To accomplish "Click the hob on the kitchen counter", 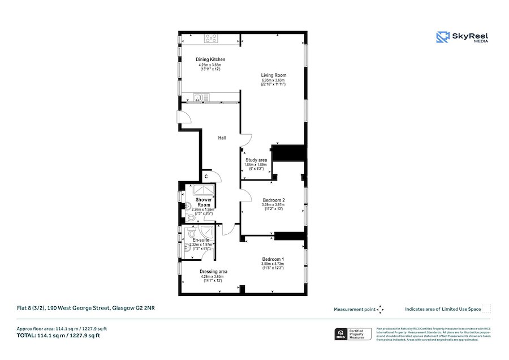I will pyautogui.click(x=212, y=38).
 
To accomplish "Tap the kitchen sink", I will pyautogui.click(x=199, y=97).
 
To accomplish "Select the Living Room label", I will pyautogui.click(x=273, y=75).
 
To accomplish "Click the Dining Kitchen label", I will pyautogui.click(x=210, y=59).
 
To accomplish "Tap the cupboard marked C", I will pyautogui.click(x=206, y=175).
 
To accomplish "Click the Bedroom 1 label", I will pyautogui.click(x=273, y=259).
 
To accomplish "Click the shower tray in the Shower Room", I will pyautogui.click(x=203, y=190).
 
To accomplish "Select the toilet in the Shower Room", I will pyautogui.click(x=190, y=217).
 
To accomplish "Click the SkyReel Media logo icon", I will pyautogui.click(x=442, y=37).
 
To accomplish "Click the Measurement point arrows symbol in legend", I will pyautogui.click(x=381, y=309).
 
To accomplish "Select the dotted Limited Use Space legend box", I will pyautogui.click(x=486, y=309).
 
